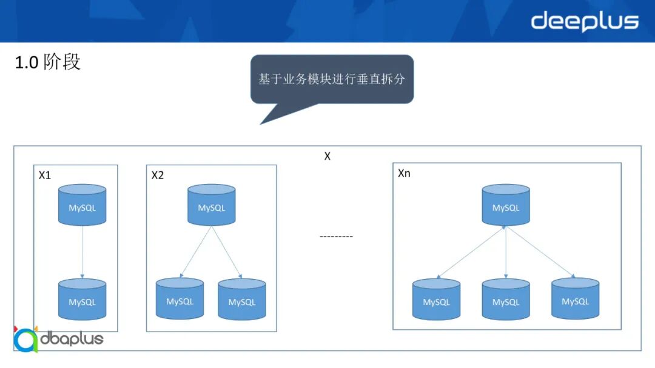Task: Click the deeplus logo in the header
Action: coord(585,22)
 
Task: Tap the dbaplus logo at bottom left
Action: coord(58,339)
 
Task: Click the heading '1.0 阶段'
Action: coord(48,62)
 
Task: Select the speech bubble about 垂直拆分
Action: coord(332,79)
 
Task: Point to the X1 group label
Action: coord(45,176)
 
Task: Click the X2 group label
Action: coord(158,176)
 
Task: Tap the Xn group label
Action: coord(404,173)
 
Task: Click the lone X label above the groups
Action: coord(327,156)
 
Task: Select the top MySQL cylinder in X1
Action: coord(82,206)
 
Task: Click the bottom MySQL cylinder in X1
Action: coord(82,300)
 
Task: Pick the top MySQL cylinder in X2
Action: coord(211,206)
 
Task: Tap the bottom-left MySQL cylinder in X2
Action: coord(180,299)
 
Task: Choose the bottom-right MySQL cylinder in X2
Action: coord(242,300)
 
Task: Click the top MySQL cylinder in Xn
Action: coord(506,206)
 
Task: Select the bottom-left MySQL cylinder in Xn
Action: coord(436,300)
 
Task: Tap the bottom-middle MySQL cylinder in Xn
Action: coord(506,300)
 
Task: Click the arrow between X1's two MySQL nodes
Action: coord(82,252)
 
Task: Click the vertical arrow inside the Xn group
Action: coord(506,253)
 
